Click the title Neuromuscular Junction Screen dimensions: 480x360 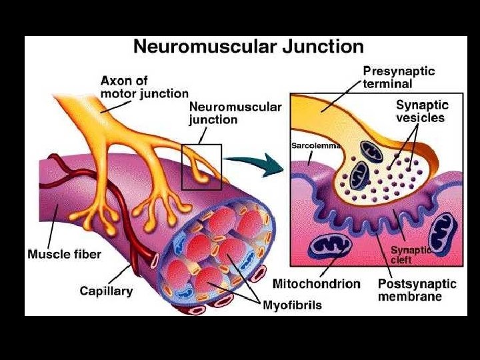tap(249, 47)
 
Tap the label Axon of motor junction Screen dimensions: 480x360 tap(144, 87)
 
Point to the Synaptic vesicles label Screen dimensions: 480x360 tap(420, 111)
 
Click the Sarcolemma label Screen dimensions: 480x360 tap(317, 144)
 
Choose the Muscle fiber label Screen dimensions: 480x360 tap(64, 254)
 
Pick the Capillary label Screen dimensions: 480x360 tap(106, 291)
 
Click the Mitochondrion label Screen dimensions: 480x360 tap(316, 284)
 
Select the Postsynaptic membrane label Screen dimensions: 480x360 tap(417, 290)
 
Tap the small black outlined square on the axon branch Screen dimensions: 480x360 tap(201, 167)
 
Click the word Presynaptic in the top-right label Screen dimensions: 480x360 tap(399, 71)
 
